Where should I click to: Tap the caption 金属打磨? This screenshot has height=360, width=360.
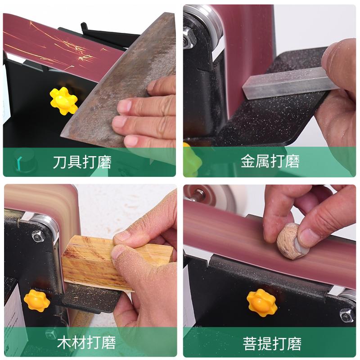point(270,162)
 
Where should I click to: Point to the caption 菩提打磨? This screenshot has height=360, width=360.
point(270,342)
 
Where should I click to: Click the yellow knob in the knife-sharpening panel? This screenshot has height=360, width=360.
point(63,100)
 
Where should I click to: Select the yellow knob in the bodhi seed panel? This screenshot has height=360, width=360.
point(261,302)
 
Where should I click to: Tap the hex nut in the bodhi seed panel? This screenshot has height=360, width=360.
point(346,315)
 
